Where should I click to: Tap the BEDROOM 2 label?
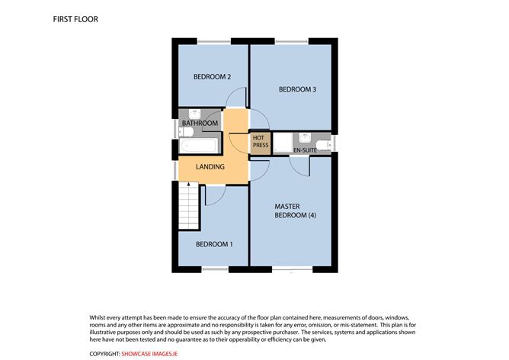click(x=212, y=76)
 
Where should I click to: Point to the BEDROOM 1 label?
click(x=214, y=244)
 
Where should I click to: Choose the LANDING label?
click(x=210, y=166)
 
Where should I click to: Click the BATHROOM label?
click(x=200, y=124)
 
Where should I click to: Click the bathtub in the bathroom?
click(x=200, y=145)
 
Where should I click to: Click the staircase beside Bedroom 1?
click(x=188, y=209)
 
